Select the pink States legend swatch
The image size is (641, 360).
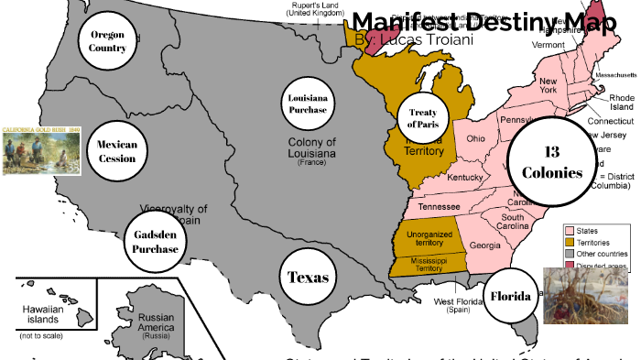[569, 231]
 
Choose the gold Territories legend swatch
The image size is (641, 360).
[569, 243]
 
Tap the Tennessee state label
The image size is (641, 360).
[440, 207]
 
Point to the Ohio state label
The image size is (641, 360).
[476, 139]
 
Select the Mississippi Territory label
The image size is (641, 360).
[423, 265]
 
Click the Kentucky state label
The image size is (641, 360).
[466, 177]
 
